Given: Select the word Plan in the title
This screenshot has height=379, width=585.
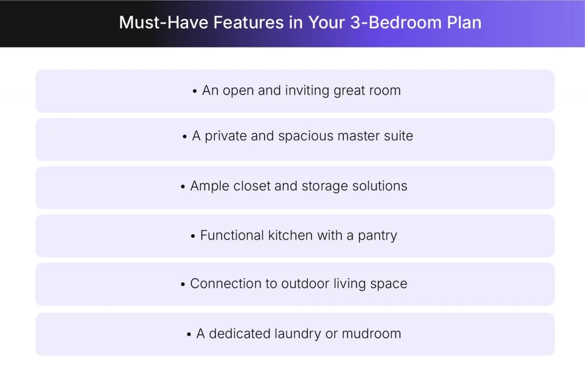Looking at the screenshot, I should (x=464, y=23).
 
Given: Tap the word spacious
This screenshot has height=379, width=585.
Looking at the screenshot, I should (x=307, y=136).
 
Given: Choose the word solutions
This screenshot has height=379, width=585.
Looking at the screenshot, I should (x=380, y=186).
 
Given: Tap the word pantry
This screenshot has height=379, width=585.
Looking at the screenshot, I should (x=377, y=236).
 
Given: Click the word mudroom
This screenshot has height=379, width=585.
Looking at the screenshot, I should (x=371, y=334).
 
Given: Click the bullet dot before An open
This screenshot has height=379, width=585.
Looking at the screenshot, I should (x=195, y=92).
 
